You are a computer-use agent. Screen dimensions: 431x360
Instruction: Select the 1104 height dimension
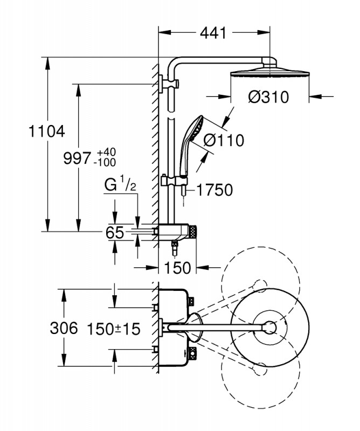(x=46, y=130)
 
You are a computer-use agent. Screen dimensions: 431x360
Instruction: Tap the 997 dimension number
(x=77, y=158)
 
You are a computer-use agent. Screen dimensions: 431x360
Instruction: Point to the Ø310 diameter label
(x=268, y=98)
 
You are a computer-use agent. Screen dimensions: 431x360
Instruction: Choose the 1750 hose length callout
(x=214, y=190)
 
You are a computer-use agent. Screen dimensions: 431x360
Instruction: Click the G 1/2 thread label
(x=119, y=186)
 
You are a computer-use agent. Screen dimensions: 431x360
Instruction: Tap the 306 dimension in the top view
(x=64, y=328)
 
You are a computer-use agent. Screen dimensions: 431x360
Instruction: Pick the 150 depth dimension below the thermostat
(x=178, y=267)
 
